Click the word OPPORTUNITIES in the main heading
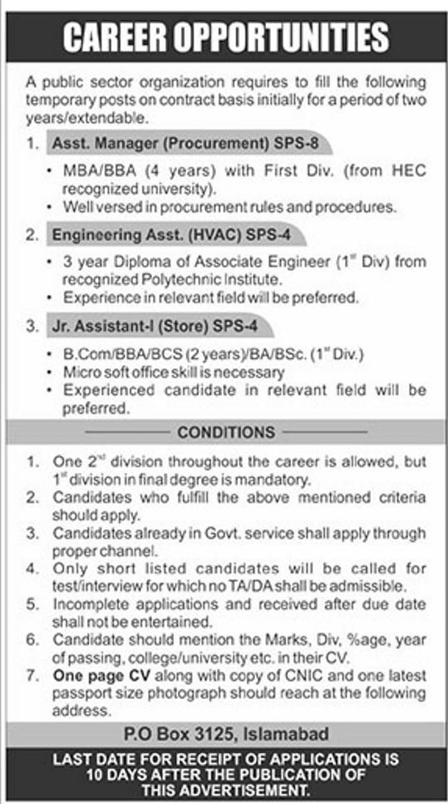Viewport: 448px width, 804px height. (278, 36)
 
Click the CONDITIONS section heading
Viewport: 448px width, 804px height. (226, 432)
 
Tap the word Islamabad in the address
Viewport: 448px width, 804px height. (290, 734)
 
